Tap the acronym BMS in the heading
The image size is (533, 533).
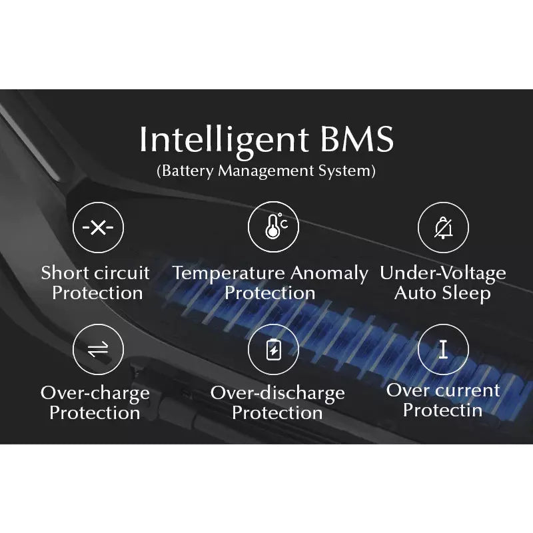click(x=357, y=139)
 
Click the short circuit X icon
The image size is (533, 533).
click(x=98, y=227)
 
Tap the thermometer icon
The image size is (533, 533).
click(x=276, y=226)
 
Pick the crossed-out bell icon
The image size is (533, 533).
click(x=444, y=228)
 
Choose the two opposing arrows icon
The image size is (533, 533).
click(x=98, y=349)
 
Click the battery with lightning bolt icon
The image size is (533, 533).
click(x=274, y=349)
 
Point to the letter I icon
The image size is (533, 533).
click(x=443, y=349)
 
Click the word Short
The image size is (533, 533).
click(x=65, y=272)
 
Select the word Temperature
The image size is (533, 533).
click(x=229, y=274)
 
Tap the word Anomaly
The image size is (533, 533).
click(x=329, y=274)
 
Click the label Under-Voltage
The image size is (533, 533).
click(x=443, y=274)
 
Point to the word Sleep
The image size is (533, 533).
click(x=467, y=294)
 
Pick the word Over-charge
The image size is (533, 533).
click(x=95, y=394)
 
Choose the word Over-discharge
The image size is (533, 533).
click(x=278, y=394)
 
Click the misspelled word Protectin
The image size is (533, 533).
click(x=442, y=410)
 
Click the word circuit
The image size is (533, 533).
click(x=122, y=272)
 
